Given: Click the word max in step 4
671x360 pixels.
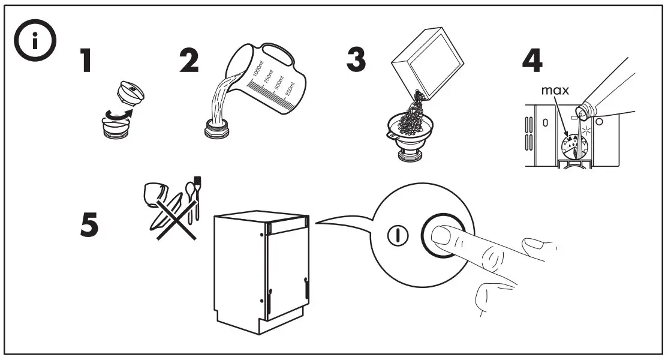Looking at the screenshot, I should pos(554,92).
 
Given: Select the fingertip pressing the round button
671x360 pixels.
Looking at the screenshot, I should pos(444,235).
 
